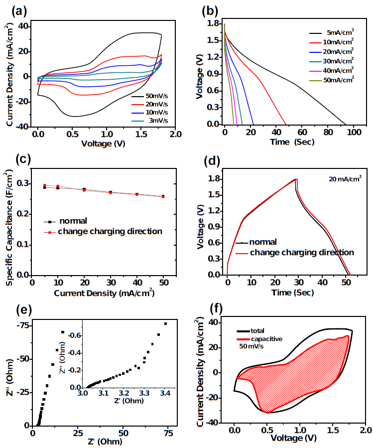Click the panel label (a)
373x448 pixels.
13,9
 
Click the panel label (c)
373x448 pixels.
12,159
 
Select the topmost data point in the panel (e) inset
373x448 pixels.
165,324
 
